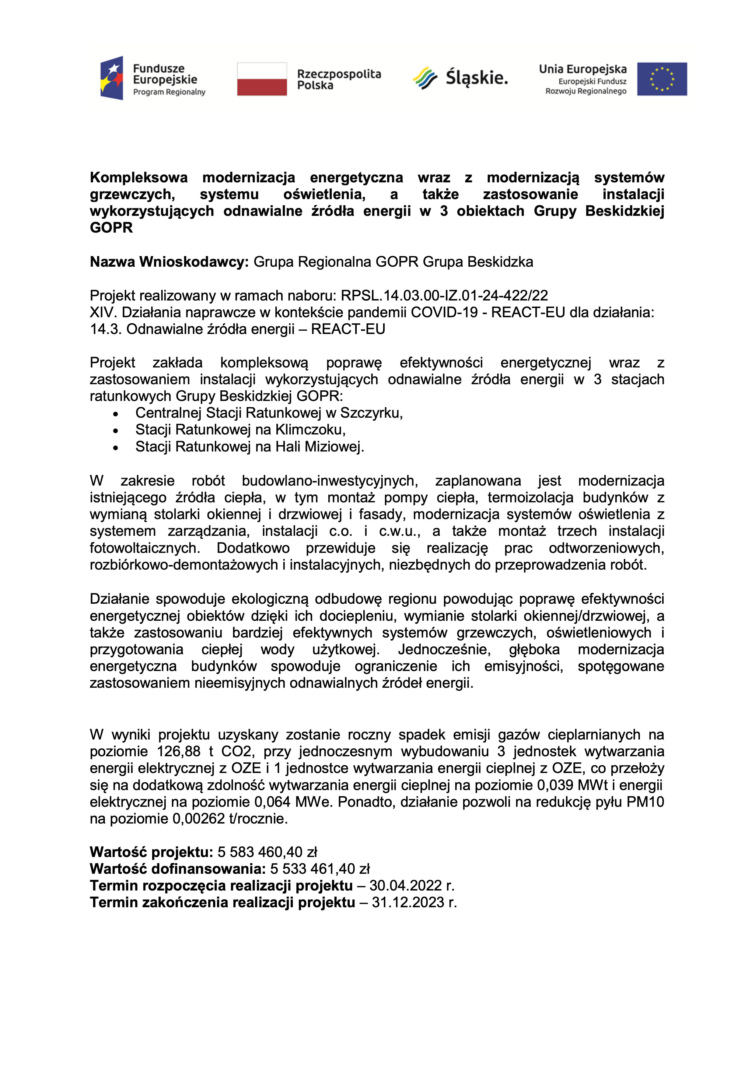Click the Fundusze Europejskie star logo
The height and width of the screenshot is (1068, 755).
[x=112, y=78]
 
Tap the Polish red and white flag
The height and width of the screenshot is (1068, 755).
[x=262, y=79]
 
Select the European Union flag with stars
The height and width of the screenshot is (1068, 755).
[x=662, y=79]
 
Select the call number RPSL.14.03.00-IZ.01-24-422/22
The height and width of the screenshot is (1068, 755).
[x=444, y=295]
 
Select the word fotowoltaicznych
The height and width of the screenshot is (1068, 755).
[x=145, y=548]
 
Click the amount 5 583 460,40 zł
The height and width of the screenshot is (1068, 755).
[x=267, y=852]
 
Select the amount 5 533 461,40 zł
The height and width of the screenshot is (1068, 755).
[x=320, y=869]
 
